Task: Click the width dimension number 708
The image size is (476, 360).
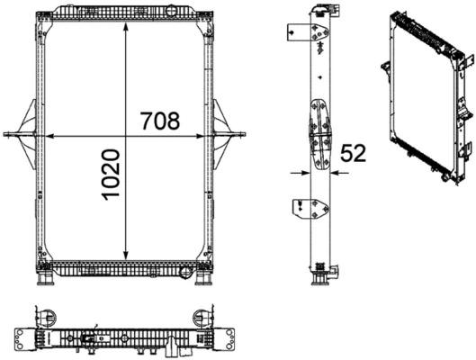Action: [159, 121]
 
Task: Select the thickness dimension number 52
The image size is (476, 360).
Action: [355, 154]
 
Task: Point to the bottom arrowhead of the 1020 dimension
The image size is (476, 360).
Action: [124, 255]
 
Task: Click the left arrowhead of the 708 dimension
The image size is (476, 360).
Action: [50, 136]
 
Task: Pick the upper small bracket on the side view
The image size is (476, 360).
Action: [295, 31]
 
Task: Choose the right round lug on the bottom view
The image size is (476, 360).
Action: [199, 316]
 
